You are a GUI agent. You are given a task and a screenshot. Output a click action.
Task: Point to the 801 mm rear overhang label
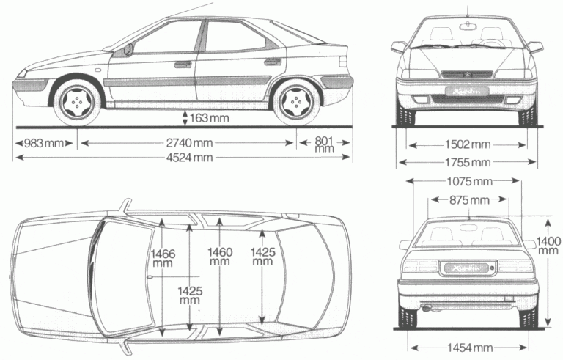pyautogui.click(x=323, y=143)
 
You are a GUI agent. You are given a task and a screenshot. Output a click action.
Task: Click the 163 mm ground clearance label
pyautogui.click(x=207, y=117)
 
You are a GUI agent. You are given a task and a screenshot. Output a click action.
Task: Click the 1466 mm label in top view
pyautogui.click(x=163, y=257)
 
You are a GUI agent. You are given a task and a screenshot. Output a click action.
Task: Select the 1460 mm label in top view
pyautogui.click(x=220, y=257)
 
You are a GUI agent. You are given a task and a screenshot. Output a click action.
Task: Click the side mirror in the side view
pyautogui.click(x=129, y=49)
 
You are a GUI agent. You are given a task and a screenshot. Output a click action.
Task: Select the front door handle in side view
pyautogui.click(x=183, y=64)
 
